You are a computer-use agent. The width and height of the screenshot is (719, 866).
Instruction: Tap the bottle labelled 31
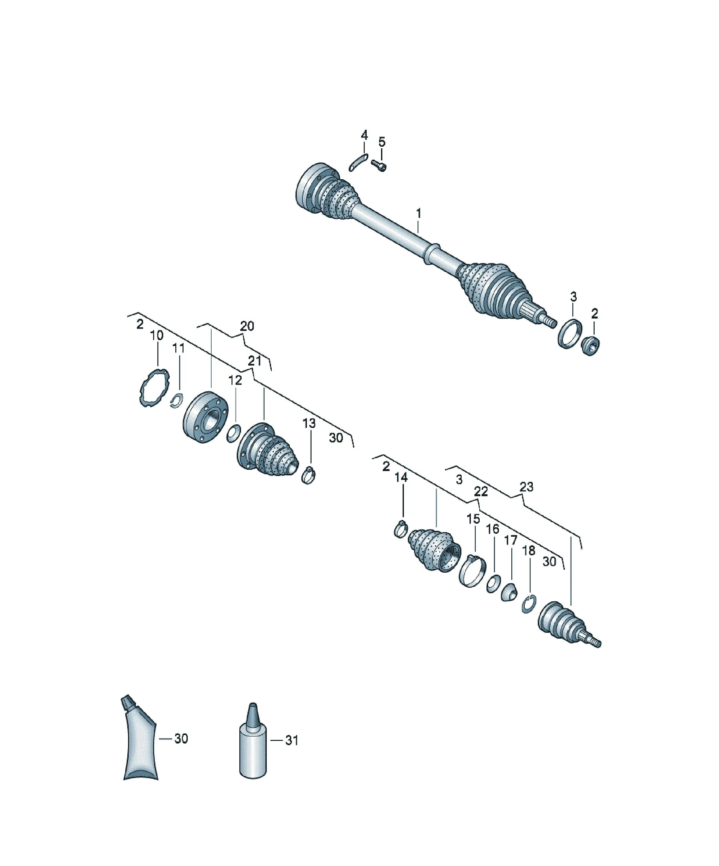[x=253, y=742]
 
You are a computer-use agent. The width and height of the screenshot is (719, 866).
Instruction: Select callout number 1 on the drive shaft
[x=419, y=214]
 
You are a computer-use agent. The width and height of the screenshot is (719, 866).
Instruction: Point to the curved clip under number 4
[x=358, y=162]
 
